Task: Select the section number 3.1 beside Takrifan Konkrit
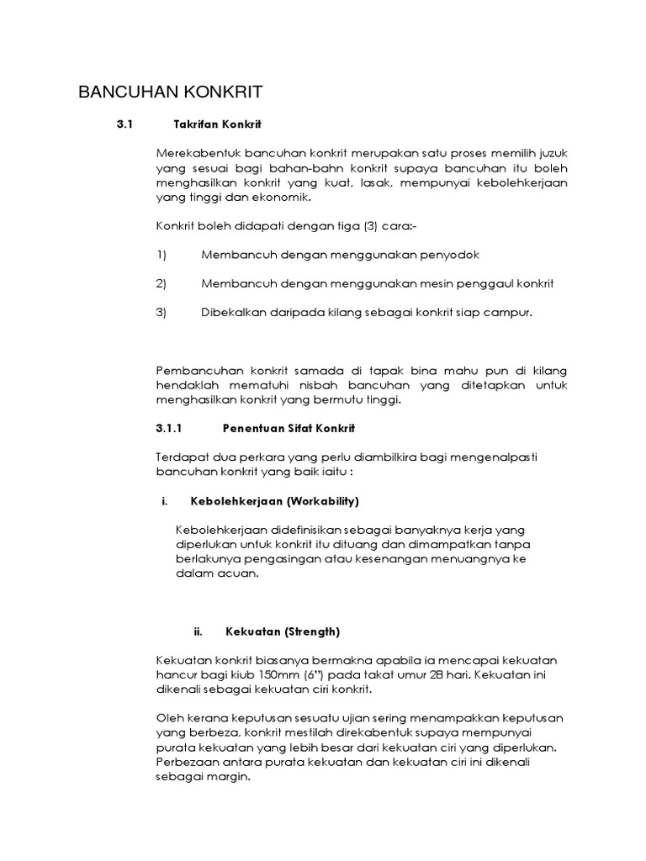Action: click(x=125, y=124)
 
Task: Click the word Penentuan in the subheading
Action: click(x=252, y=428)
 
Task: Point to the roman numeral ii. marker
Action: click(x=199, y=631)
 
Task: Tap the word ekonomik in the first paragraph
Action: click(x=283, y=197)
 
